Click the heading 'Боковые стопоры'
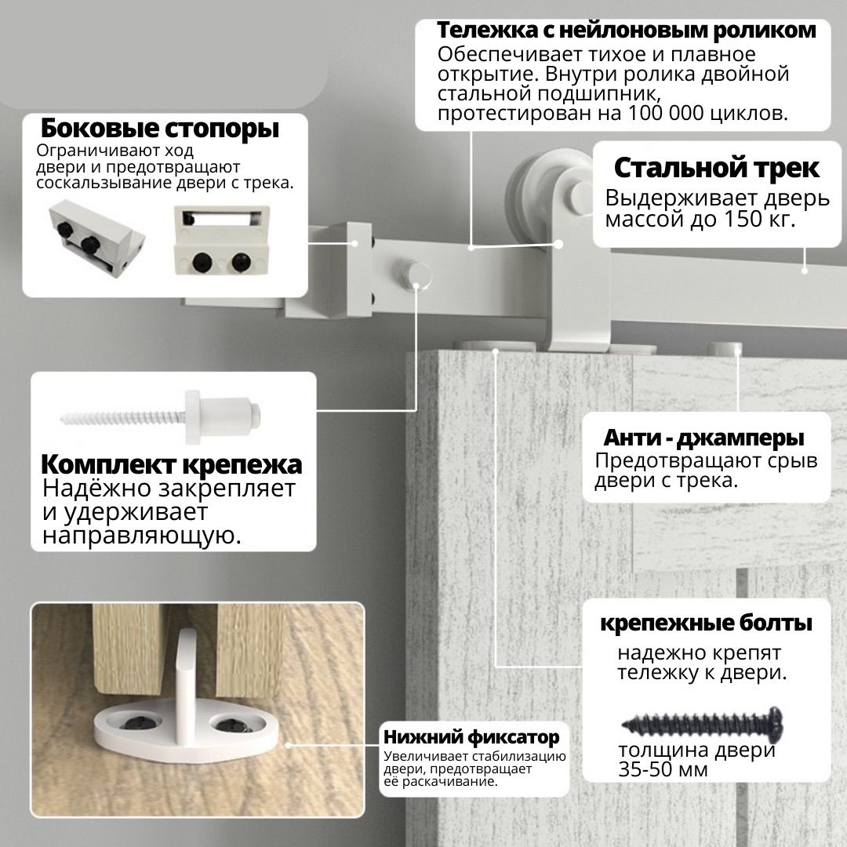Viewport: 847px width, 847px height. pos(159,128)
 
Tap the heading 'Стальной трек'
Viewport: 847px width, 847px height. pos(716,168)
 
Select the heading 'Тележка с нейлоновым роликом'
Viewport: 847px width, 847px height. pos(627,31)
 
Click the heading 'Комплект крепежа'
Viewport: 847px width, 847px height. pos(171,464)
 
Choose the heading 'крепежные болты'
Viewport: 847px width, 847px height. pos(705,624)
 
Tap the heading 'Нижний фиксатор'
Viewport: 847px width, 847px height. pos(471,737)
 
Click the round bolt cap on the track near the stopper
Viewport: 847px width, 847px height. pos(413,276)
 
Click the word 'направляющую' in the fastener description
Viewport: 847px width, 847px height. pos(140,536)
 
